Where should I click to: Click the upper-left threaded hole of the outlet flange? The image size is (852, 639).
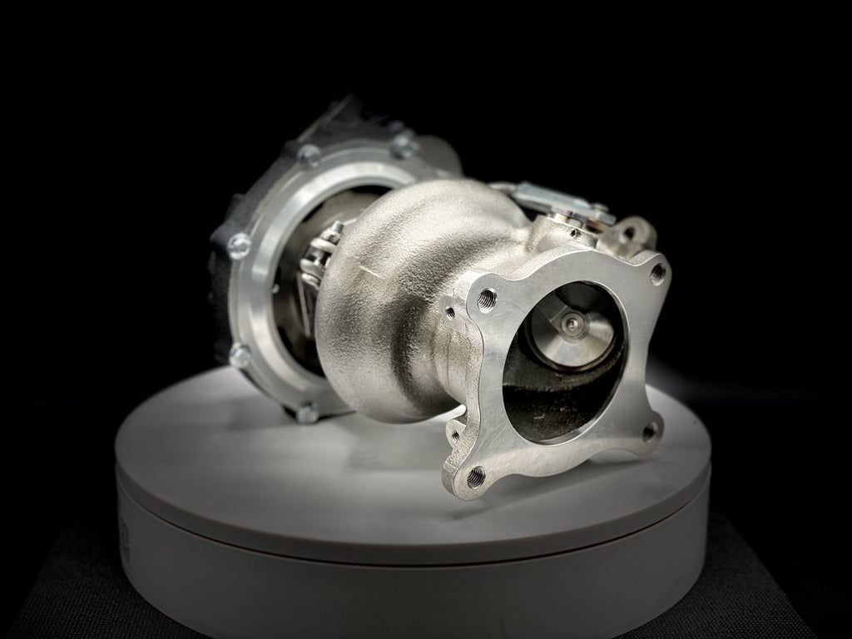point(487,297)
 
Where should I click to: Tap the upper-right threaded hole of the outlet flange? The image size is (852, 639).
point(657,271)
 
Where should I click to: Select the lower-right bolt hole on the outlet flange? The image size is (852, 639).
point(649,431)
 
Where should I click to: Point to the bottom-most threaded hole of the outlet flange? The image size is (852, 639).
point(477,476)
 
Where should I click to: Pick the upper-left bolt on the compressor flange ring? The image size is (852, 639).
point(309,154)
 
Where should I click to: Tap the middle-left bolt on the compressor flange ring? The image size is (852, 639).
point(240,244)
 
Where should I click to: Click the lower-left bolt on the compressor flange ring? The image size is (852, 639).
point(240,355)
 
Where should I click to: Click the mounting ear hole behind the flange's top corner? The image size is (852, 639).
point(630,234)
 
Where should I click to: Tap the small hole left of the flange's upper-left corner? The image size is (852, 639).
point(450,313)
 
